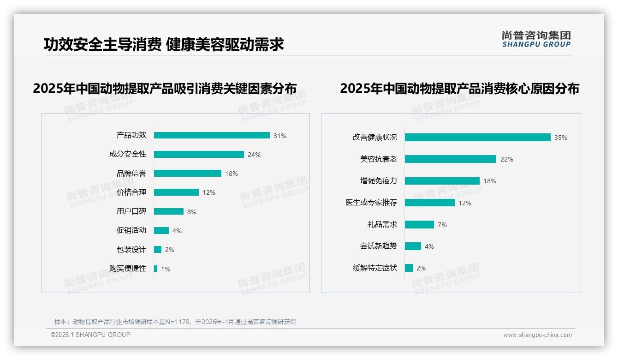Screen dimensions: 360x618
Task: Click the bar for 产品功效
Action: [212, 135]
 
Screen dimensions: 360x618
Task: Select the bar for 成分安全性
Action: [199, 155]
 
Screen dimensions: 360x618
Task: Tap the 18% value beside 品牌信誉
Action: [232, 174]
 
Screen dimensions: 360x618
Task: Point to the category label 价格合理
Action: [131, 192]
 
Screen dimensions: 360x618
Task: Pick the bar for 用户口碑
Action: [169, 211]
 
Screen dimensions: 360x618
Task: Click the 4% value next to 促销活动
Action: [177, 231]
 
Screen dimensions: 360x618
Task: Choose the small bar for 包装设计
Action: [158, 250]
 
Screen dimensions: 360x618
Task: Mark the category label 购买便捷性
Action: [128, 269]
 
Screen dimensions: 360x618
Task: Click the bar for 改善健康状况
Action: [478, 138]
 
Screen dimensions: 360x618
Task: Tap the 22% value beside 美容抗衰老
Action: [507, 159]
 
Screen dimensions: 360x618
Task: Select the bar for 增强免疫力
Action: [442, 181]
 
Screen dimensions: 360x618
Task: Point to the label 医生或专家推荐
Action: [371, 203]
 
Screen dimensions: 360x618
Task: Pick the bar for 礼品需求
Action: [419, 224]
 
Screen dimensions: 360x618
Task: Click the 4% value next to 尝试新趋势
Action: [429, 246]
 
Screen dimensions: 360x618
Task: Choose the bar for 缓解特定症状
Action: [409, 268]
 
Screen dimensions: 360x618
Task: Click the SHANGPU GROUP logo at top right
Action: [536, 39]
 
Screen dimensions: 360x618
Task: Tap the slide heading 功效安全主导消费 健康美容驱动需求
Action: [164, 44]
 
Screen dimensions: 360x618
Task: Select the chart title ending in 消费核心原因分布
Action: [459, 88]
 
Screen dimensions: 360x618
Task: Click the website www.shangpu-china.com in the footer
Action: [537, 335]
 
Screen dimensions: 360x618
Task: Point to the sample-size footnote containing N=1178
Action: [175, 322]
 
